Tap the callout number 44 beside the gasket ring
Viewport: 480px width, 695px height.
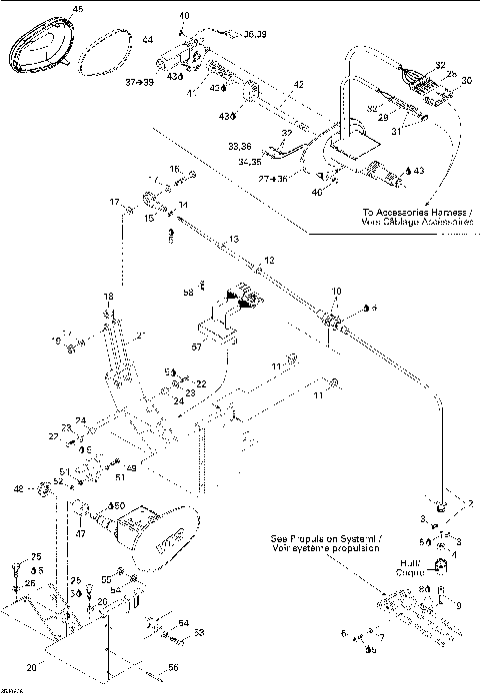click(146, 40)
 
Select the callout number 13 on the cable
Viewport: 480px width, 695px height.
click(233, 240)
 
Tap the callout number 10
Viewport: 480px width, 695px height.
click(336, 291)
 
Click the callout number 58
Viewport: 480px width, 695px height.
click(187, 293)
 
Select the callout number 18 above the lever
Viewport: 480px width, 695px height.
click(109, 298)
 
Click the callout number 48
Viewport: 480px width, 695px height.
click(45, 488)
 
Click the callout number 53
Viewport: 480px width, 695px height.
click(198, 632)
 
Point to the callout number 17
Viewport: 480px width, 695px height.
click(115, 201)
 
